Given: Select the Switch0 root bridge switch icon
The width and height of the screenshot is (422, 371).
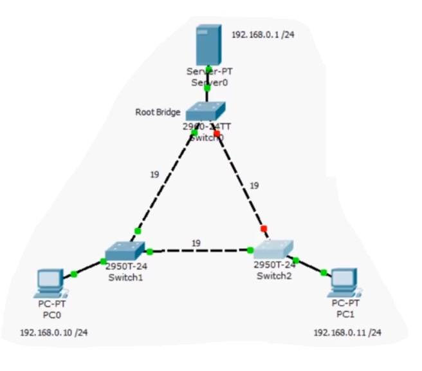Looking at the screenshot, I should (206, 111).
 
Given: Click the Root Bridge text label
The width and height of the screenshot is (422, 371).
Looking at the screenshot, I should (158, 112).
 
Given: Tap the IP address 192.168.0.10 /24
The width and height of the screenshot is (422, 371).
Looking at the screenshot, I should (54, 332).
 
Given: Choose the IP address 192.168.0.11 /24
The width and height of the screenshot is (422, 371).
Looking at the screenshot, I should (347, 332).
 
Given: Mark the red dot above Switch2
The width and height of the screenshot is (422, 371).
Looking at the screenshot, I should (263, 228).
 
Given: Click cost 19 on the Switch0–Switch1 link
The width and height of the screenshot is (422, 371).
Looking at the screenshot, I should (154, 174).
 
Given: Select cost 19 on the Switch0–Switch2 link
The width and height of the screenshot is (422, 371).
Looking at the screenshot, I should (254, 185).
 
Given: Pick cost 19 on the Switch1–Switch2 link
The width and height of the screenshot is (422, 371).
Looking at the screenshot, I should (196, 242).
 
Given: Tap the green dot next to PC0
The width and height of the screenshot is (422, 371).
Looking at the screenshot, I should (74, 274).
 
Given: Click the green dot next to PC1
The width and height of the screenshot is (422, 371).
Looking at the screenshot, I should (324, 272).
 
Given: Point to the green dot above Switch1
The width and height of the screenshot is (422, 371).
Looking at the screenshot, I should (137, 231).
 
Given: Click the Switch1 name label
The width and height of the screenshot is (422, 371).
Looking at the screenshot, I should (125, 278).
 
